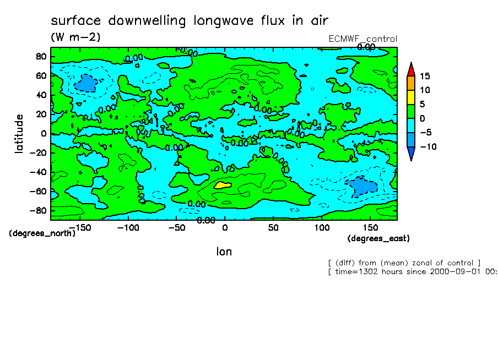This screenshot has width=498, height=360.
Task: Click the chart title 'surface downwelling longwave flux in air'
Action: (189, 21)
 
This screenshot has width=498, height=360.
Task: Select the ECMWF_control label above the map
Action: (362, 39)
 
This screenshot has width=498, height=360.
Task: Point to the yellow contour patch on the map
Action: (222, 185)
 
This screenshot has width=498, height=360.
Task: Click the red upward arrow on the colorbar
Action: (410, 68)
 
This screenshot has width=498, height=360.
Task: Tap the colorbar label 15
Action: (424, 76)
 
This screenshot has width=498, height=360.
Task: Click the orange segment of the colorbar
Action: (410, 83)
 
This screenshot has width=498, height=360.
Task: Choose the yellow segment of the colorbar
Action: (410, 97)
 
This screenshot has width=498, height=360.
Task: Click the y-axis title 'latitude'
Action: (19, 133)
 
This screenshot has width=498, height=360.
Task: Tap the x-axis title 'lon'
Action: (224, 252)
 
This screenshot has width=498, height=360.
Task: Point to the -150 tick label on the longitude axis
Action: (80, 227)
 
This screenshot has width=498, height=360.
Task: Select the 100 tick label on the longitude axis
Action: (322, 227)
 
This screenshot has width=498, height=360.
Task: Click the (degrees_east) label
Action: (378, 238)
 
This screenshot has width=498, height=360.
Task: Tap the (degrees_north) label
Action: (42, 233)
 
